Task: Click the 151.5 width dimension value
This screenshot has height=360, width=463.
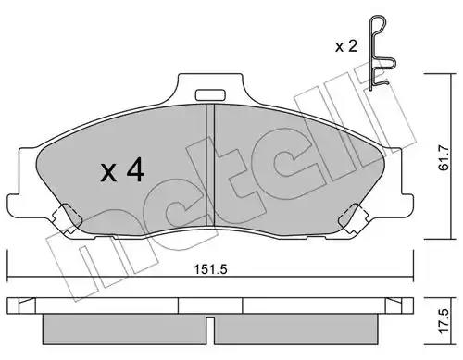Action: [x=210, y=269]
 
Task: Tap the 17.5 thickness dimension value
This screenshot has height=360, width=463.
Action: [x=444, y=321]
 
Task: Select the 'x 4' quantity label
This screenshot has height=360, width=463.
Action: [x=122, y=169]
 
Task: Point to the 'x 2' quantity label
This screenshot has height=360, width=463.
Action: [x=346, y=46]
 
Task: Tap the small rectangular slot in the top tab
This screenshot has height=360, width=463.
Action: [x=210, y=94]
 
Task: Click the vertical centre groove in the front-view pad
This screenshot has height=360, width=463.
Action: [x=210, y=165]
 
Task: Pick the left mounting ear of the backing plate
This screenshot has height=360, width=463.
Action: [x=13, y=205]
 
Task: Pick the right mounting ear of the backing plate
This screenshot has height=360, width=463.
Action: [x=407, y=205]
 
